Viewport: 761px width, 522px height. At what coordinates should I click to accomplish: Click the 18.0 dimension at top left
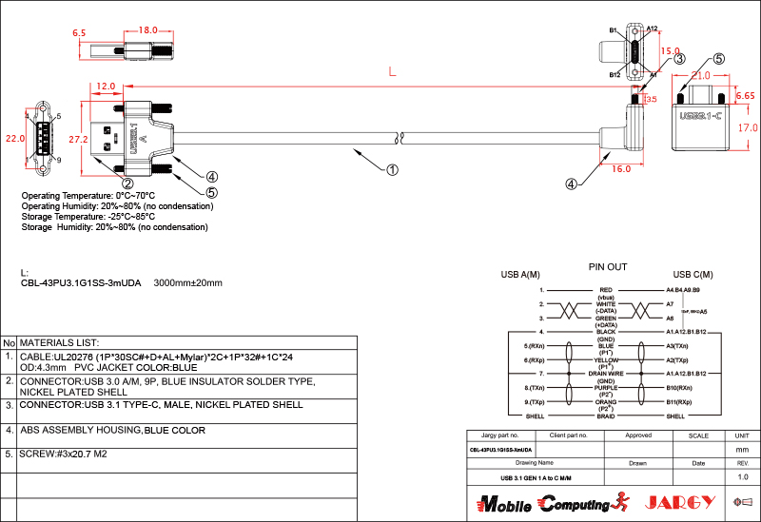[148, 30]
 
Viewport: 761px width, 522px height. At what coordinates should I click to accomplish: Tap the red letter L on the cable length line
[392, 71]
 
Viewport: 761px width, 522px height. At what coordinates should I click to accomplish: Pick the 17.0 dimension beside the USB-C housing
[748, 127]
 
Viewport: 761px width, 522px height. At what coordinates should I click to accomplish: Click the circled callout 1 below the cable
[392, 171]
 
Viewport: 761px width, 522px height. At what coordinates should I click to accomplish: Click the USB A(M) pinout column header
[520, 276]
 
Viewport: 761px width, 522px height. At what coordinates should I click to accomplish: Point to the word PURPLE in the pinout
[606, 388]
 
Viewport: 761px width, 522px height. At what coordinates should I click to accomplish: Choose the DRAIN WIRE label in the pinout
[606, 374]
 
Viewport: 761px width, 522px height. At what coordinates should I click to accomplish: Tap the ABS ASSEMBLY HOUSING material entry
[112, 431]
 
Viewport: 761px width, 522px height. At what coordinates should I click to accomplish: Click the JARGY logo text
[679, 502]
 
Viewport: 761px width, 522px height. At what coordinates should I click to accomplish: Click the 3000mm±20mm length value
[187, 282]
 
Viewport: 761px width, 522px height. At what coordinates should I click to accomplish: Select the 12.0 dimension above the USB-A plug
[106, 87]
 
